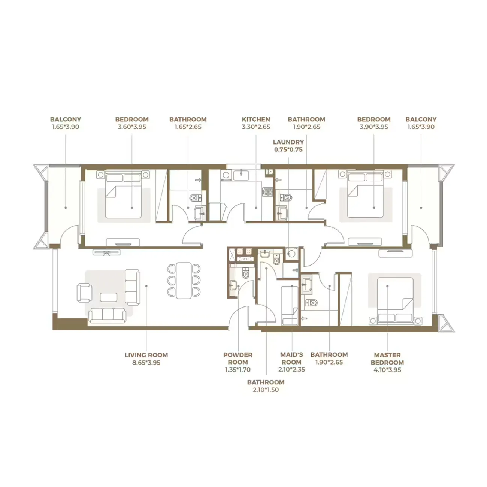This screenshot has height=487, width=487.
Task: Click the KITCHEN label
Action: pyautogui.click(x=256, y=119)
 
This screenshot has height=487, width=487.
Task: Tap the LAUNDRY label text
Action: pyautogui.click(x=288, y=142)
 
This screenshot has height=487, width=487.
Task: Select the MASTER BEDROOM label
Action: pyautogui.click(x=387, y=359)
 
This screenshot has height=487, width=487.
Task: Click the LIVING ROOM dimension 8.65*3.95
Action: pyautogui.click(x=146, y=363)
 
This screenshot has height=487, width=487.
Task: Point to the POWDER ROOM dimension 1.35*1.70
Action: pyautogui.click(x=238, y=370)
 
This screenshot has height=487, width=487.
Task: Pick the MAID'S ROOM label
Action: pyautogui.click(x=291, y=358)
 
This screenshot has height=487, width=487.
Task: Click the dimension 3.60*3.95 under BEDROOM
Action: pyautogui.click(x=132, y=127)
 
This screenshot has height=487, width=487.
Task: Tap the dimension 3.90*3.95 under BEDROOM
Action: pyautogui.click(x=373, y=127)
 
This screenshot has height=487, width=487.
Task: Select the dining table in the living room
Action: pyautogui.click(x=184, y=280)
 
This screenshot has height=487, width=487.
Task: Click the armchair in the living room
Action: pyautogui.click(x=84, y=293)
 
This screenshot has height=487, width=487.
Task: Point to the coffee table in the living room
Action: pyautogui.click(x=108, y=297)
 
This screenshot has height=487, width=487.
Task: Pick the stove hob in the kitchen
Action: pyautogui.click(x=268, y=192)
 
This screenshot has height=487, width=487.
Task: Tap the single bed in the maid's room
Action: pyautogui.click(x=289, y=305)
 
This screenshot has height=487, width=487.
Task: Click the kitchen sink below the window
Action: pyautogui.click(x=240, y=174)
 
